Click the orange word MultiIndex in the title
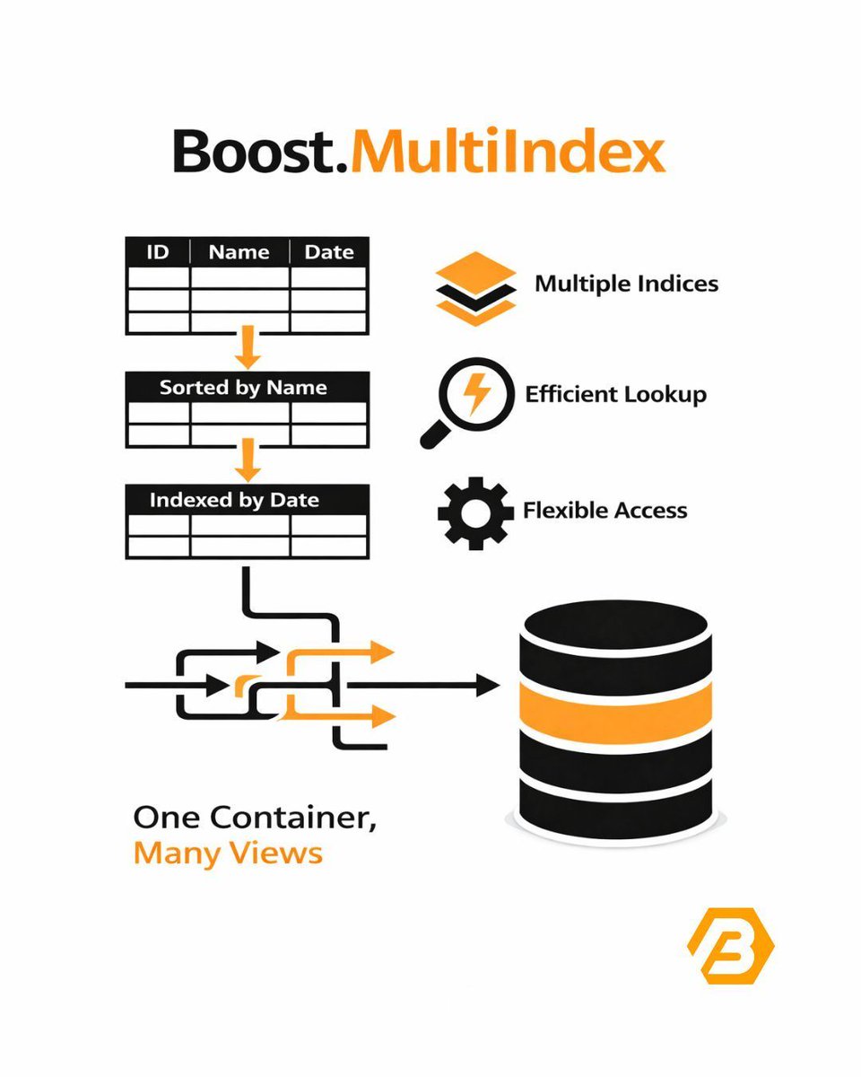pyautogui.click(x=508, y=153)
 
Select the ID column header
pyautogui.click(x=157, y=252)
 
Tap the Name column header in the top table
pyautogui.click(x=239, y=252)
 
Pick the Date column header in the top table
pyautogui.click(x=328, y=252)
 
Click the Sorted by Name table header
pyautogui.click(x=244, y=388)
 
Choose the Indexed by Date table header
pyautogui.click(x=235, y=500)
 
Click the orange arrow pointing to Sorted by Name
pyautogui.click(x=248, y=350)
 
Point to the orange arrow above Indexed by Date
pyautogui.click(x=248, y=461)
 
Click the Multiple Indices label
pyautogui.click(x=626, y=285)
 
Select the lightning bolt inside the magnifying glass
pyautogui.click(x=476, y=395)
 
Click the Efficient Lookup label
pyautogui.click(x=615, y=394)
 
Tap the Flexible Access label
pyautogui.click(x=604, y=511)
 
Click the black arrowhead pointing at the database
pyautogui.click(x=487, y=687)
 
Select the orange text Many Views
pyautogui.click(x=227, y=852)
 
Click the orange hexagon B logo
pyautogui.click(x=730, y=945)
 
